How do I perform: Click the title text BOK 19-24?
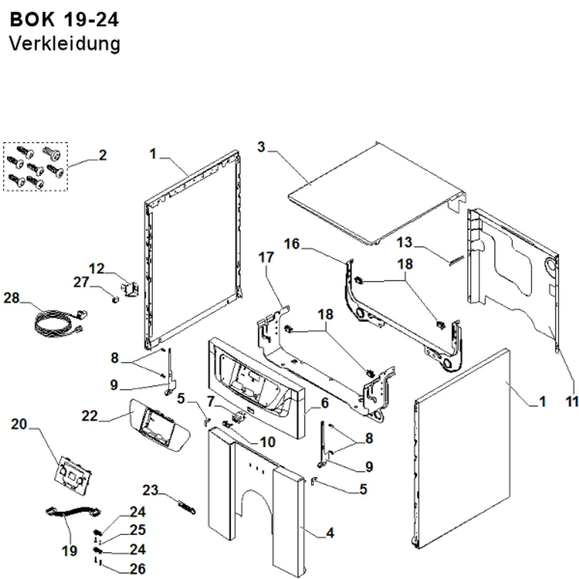(64, 20)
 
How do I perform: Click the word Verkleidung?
(65, 44)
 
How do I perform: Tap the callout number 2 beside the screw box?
(102, 155)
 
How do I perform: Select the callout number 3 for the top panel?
(262, 146)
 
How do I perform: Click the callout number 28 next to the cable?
(12, 298)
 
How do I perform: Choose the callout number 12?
(96, 269)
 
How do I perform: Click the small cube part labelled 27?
(116, 298)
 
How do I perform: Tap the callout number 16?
(292, 244)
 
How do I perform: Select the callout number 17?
(266, 258)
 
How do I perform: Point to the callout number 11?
(572, 401)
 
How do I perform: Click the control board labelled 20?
(73, 473)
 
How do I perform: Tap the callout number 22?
(90, 416)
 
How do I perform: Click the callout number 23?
(151, 490)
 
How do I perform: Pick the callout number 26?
(137, 569)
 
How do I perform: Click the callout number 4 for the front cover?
(330, 533)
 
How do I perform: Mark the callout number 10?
(267, 442)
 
